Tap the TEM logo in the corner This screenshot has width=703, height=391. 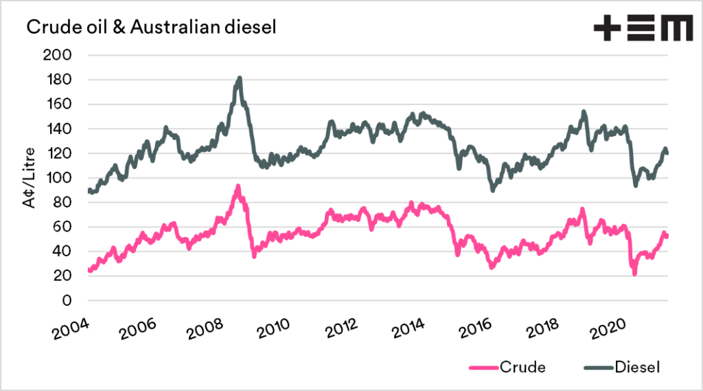tap(643, 29)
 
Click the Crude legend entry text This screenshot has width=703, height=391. tap(525, 367)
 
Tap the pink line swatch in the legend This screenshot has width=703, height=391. tap(484, 367)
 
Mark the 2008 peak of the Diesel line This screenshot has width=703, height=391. tap(239, 78)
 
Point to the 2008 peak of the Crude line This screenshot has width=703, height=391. tap(238, 186)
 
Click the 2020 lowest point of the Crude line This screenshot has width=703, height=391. tap(634, 273)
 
